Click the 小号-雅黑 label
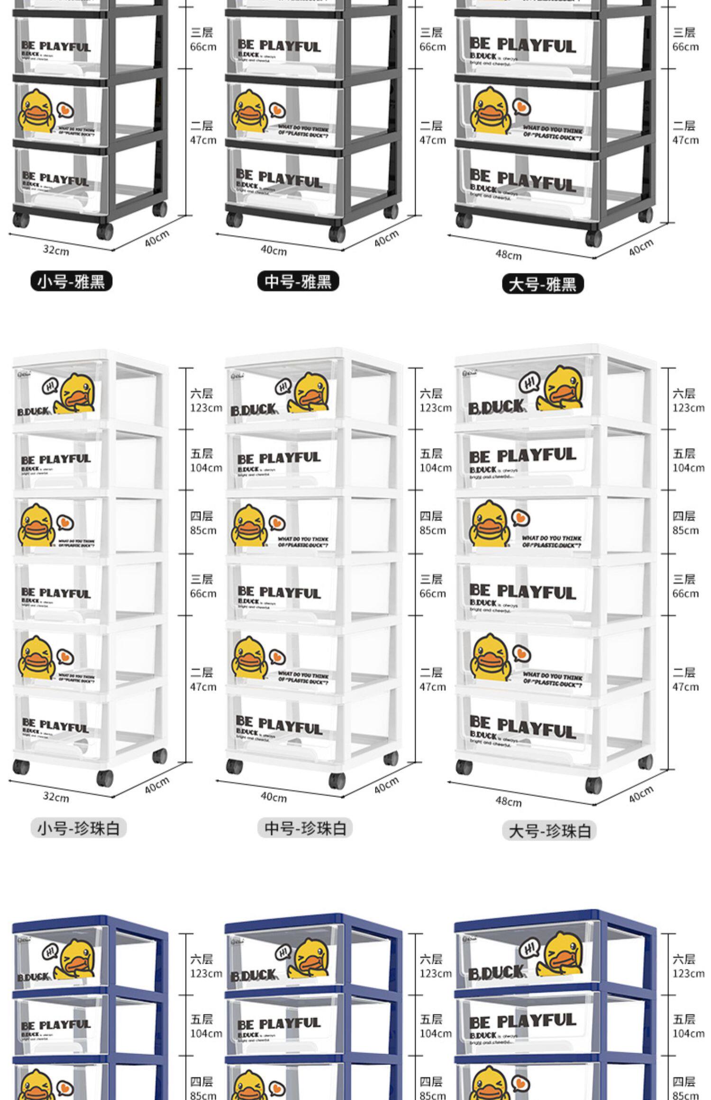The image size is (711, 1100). click(x=71, y=281)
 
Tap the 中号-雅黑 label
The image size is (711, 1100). click(x=298, y=281)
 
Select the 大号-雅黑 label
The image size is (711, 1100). click(x=543, y=284)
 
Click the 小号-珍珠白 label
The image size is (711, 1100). click(x=79, y=828)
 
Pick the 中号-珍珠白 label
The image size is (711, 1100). click(x=305, y=828)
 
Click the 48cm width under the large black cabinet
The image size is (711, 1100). click(x=508, y=255)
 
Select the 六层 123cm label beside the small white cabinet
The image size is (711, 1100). click(x=206, y=400)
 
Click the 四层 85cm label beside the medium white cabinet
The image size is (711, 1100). click(x=432, y=523)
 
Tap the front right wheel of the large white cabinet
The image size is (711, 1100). click(x=593, y=785)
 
